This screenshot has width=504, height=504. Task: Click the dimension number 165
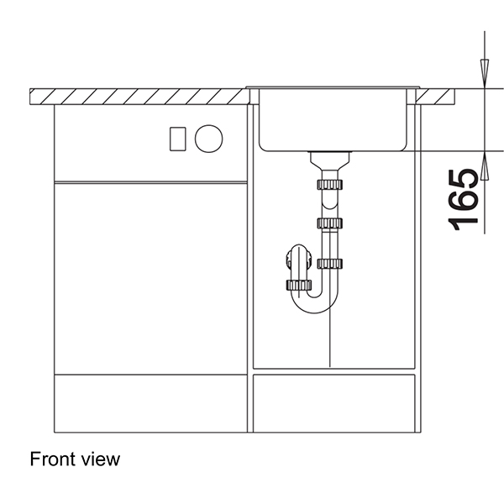click(464, 198)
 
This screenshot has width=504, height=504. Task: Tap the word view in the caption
click(102, 459)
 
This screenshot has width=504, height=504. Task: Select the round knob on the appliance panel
click(208, 137)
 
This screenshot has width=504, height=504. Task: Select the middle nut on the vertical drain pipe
click(329, 223)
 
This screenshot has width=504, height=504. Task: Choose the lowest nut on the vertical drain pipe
click(329, 264)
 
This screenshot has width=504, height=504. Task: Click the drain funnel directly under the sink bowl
click(328, 159)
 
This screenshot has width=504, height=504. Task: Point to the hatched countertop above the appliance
click(139, 95)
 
